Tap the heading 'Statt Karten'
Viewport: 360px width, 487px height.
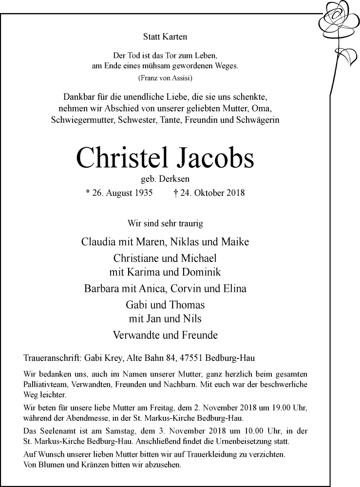click(165, 37)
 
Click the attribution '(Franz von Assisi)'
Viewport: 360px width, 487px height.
click(165, 78)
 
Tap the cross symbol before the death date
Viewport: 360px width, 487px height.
click(175, 193)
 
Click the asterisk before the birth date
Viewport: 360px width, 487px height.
click(87, 193)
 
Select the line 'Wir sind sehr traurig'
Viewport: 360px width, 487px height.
click(165, 224)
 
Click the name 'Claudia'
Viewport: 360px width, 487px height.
click(99, 242)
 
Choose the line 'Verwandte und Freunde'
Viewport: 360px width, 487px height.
click(165, 336)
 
